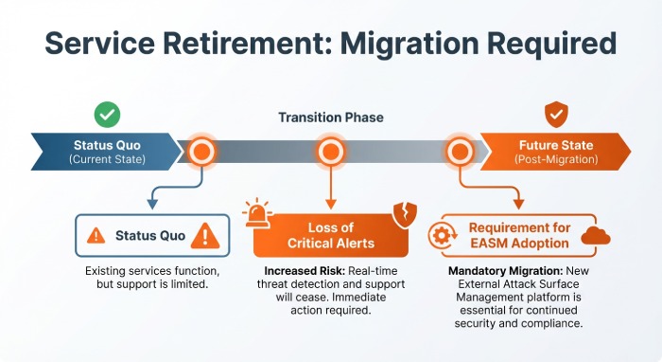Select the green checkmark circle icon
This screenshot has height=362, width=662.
(x=107, y=115)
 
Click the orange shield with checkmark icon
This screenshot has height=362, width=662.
(x=556, y=115)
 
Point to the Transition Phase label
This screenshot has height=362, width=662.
(x=330, y=118)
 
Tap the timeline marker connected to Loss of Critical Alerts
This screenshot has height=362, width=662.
(x=330, y=152)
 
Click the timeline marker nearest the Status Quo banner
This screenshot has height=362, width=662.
(x=200, y=152)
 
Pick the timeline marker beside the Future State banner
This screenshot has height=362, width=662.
(x=460, y=152)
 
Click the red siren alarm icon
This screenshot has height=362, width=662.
(x=257, y=213)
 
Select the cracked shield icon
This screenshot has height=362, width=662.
(x=401, y=214)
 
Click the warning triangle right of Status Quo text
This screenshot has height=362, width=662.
(x=201, y=235)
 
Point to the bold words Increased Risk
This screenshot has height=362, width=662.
(x=287, y=271)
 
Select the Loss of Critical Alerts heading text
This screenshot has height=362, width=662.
(x=330, y=235)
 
